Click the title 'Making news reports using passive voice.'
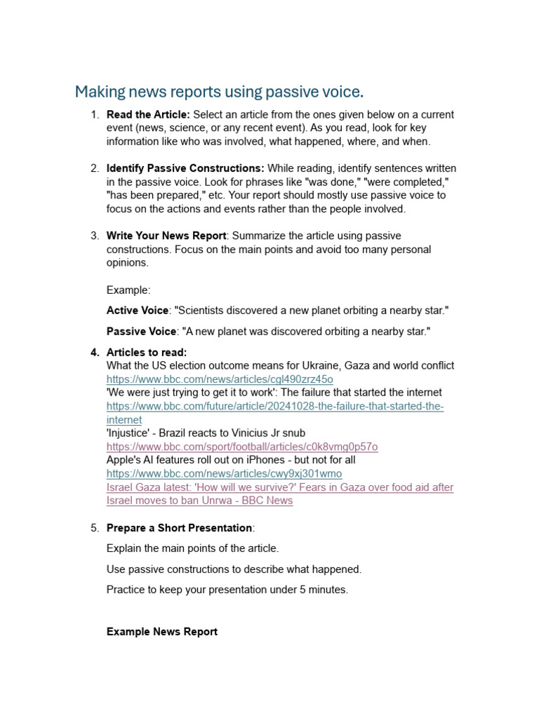(x=220, y=92)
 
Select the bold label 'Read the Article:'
(x=148, y=114)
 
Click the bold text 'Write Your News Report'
(x=166, y=236)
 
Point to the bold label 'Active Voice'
(x=138, y=310)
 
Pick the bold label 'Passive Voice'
(x=140, y=331)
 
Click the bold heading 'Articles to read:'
(x=147, y=352)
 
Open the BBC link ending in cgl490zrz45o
(x=220, y=379)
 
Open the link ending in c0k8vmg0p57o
(x=242, y=447)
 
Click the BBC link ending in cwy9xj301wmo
(x=224, y=473)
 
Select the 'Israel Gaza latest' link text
(x=279, y=494)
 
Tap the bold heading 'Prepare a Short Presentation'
(x=179, y=527)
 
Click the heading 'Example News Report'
(x=162, y=632)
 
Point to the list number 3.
(x=94, y=236)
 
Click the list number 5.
(x=94, y=527)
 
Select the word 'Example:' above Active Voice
(x=128, y=290)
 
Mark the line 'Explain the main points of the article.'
(x=192, y=548)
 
